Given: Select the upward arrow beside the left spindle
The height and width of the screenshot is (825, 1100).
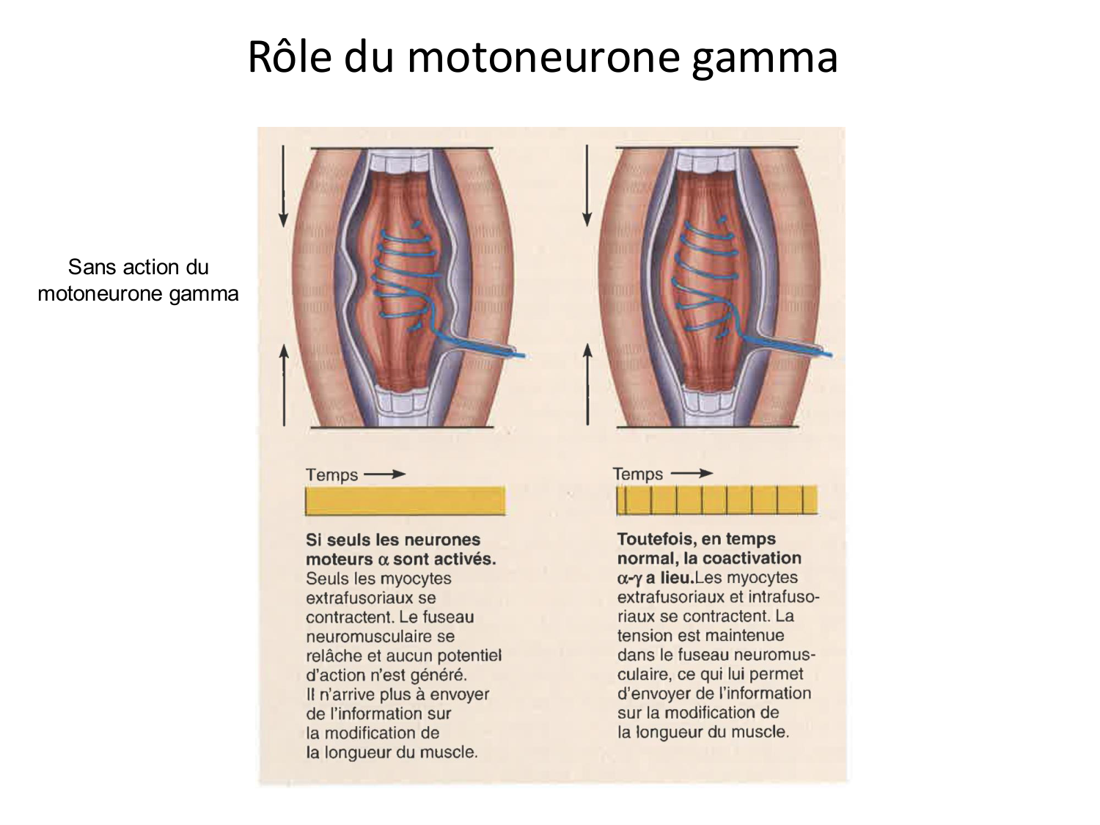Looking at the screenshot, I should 284,385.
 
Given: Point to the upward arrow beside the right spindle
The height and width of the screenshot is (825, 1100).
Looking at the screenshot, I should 587,385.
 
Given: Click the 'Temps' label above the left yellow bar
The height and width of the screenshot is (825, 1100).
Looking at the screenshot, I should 332,475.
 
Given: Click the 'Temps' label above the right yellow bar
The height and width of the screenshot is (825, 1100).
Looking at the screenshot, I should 638,474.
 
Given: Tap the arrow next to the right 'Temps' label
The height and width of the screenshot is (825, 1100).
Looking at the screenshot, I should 692,474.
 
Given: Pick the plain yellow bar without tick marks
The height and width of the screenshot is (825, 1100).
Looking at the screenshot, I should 406,502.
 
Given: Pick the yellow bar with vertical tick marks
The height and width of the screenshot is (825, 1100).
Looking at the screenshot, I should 716,500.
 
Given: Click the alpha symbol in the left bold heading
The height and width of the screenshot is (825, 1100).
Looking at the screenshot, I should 382,560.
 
